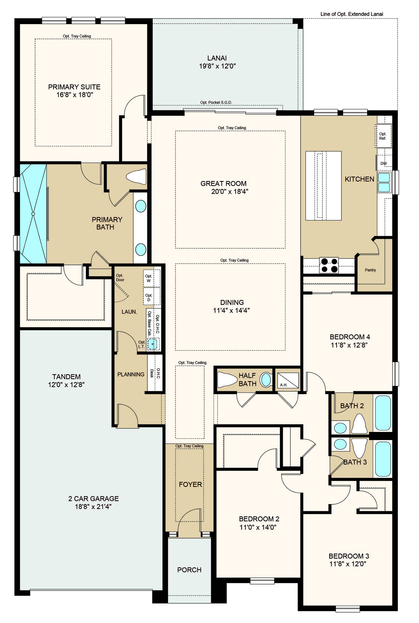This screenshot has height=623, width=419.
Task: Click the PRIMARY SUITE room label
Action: (x=74, y=87)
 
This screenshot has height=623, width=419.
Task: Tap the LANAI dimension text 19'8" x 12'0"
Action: (x=217, y=66)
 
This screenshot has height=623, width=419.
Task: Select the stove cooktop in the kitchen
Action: (x=329, y=265)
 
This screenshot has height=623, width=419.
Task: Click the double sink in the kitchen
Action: (x=384, y=182)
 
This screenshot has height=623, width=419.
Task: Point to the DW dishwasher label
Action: (x=384, y=164)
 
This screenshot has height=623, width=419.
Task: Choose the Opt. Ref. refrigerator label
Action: (x=383, y=136)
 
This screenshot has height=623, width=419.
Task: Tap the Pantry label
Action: (x=370, y=270)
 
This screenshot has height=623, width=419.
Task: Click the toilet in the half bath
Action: (x=227, y=379)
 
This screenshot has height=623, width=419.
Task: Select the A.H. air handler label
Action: (x=284, y=385)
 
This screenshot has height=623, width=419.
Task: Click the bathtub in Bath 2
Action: (x=383, y=413)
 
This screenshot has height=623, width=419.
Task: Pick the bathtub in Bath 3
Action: (x=383, y=459)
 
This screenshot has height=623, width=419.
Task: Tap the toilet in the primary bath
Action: (x=136, y=176)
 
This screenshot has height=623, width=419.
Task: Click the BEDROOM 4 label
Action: (x=350, y=337)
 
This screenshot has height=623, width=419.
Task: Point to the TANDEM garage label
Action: (x=66, y=377)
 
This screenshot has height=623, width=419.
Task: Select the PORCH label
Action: (x=189, y=570)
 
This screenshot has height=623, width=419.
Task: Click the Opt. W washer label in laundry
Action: (x=149, y=278)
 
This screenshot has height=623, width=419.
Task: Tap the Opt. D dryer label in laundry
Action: (x=149, y=298)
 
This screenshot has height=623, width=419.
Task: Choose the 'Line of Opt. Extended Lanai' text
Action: (x=352, y=14)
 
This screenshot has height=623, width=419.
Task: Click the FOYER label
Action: (x=190, y=484)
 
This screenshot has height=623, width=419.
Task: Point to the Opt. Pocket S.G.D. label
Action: (x=216, y=102)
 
